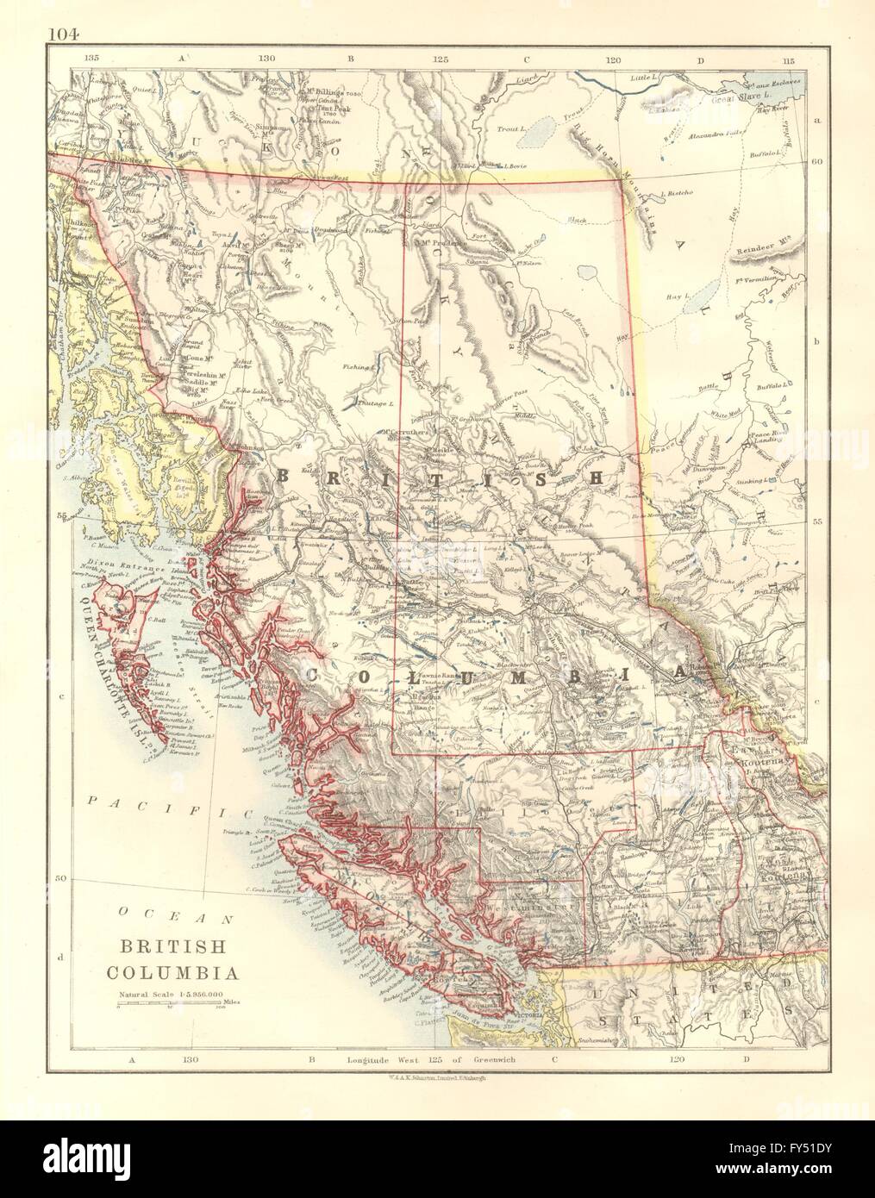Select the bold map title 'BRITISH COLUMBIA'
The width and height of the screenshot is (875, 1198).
[x=172, y=958]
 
